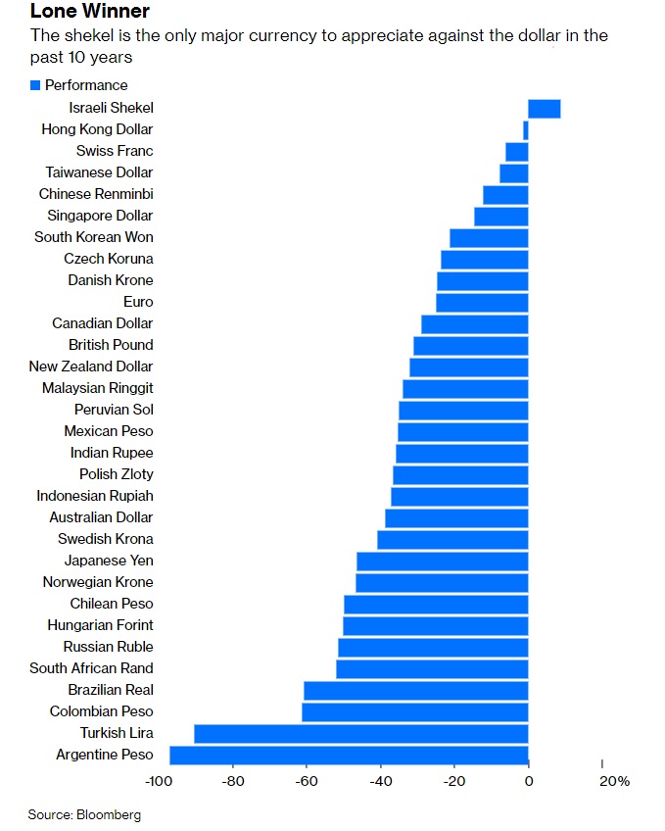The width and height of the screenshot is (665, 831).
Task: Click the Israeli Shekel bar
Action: (545, 108)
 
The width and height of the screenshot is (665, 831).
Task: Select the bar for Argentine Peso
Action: (349, 755)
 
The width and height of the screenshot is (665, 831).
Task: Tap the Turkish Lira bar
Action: (361, 733)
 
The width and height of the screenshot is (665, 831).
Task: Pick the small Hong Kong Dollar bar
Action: (526, 129)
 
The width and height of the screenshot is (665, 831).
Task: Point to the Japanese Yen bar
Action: (443, 561)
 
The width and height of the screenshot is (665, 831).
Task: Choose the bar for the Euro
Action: (482, 302)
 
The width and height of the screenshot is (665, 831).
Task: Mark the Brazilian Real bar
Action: (416, 690)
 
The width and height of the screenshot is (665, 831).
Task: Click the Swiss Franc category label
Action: (115, 151)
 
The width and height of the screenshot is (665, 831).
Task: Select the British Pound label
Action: (111, 345)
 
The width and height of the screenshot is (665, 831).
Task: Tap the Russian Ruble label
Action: (108, 647)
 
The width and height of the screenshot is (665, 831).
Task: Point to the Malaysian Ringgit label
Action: (97, 388)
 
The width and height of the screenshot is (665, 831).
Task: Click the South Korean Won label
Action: (93, 237)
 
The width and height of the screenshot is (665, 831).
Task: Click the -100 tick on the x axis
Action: (157, 781)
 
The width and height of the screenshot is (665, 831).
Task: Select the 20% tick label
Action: (613, 781)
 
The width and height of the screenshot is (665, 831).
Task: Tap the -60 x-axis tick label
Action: (306, 781)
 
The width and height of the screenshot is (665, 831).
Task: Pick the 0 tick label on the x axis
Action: (528, 781)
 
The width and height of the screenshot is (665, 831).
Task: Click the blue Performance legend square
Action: (35, 85)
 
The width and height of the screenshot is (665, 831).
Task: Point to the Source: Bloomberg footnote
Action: (84, 814)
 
